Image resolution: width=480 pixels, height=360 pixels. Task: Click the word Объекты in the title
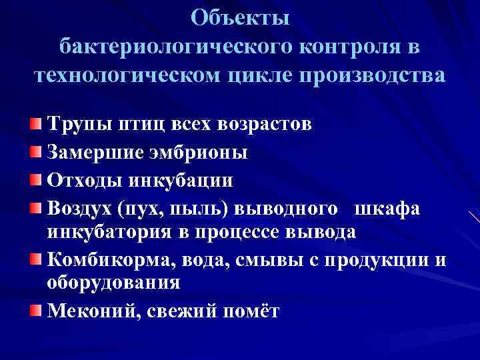click(240, 18)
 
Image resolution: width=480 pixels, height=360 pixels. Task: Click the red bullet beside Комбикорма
click(35, 258)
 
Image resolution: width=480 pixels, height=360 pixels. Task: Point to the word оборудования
click(113, 281)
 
